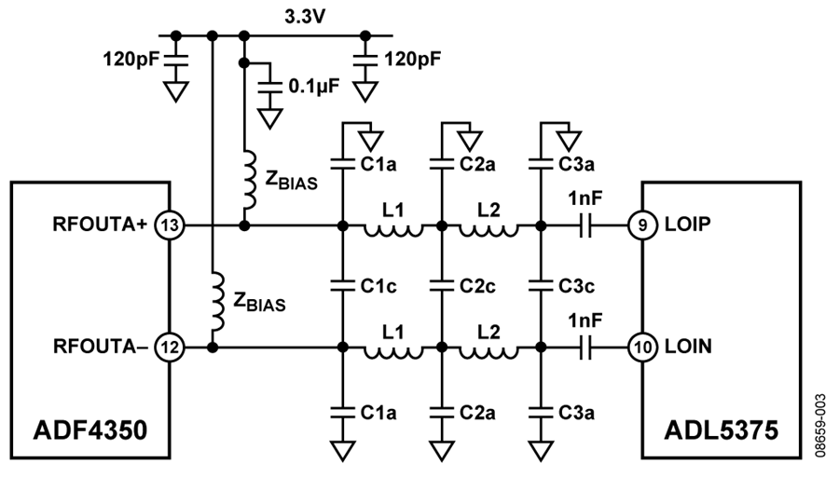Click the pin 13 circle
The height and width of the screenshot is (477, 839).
[x=170, y=225]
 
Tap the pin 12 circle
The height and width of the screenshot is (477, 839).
[x=170, y=348]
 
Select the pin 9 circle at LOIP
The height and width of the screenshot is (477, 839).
[x=642, y=225]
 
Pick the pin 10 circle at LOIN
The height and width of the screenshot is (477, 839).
[x=642, y=348]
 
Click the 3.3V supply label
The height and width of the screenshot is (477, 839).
[x=305, y=17]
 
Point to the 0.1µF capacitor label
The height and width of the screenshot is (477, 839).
[x=314, y=86]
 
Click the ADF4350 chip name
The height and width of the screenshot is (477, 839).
[x=89, y=429]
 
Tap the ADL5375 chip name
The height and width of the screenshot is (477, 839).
[x=721, y=429]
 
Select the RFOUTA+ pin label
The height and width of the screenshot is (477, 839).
[x=100, y=225]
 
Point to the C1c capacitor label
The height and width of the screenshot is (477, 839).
[x=378, y=286]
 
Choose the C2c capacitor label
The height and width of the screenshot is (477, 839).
[x=477, y=286]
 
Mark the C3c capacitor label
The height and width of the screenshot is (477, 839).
[x=576, y=286]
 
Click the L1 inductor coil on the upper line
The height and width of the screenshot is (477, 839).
[x=393, y=230]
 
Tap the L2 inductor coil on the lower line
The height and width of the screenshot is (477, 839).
[x=488, y=352]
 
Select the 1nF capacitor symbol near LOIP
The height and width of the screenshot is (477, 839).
[x=586, y=225]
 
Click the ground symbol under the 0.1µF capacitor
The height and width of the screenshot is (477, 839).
[x=269, y=118]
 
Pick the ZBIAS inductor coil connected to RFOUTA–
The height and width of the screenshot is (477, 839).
[x=218, y=301]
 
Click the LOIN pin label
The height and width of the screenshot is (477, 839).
[x=688, y=348]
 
